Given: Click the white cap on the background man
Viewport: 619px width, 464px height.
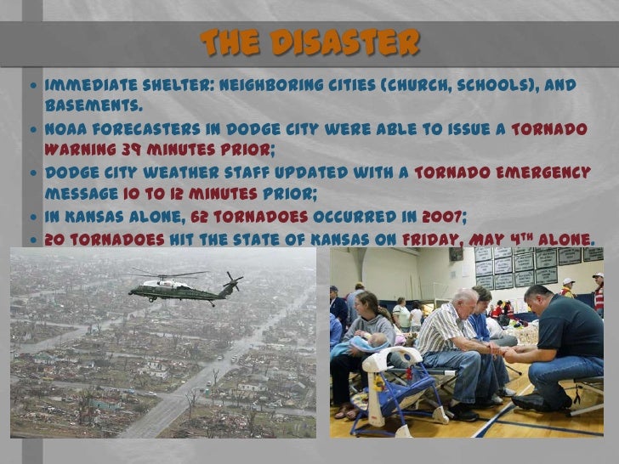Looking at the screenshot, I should point(568,281).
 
